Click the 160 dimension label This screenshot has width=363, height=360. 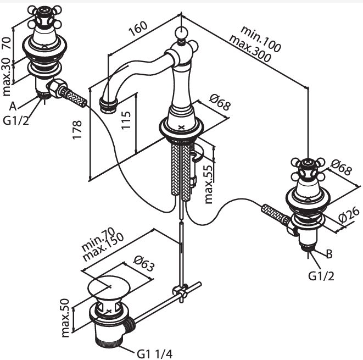(x=138, y=29)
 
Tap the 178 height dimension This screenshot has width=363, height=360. (x=77, y=130)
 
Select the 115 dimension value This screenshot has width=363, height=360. (x=126, y=120)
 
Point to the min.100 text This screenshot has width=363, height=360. (x=261, y=38)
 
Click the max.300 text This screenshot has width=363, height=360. (x=250, y=49)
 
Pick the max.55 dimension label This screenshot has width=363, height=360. (x=209, y=185)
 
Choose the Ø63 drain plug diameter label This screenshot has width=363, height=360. (x=144, y=263)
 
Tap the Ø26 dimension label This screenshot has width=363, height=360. (x=349, y=215)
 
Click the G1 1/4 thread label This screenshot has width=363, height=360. (x=155, y=354)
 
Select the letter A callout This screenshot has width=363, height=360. (x=13, y=107)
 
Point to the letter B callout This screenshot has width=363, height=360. (x=329, y=254)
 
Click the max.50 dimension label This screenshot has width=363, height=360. (x=65, y=318)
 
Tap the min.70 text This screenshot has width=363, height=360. (x=98, y=239)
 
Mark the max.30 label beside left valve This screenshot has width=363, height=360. (x=7, y=77)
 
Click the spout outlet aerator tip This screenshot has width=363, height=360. (x=108, y=106)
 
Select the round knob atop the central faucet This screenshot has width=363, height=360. (x=181, y=32)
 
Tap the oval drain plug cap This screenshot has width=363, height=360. (x=109, y=287)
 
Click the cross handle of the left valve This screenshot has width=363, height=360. (x=44, y=16)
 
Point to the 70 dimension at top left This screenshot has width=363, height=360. (x=7, y=43)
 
